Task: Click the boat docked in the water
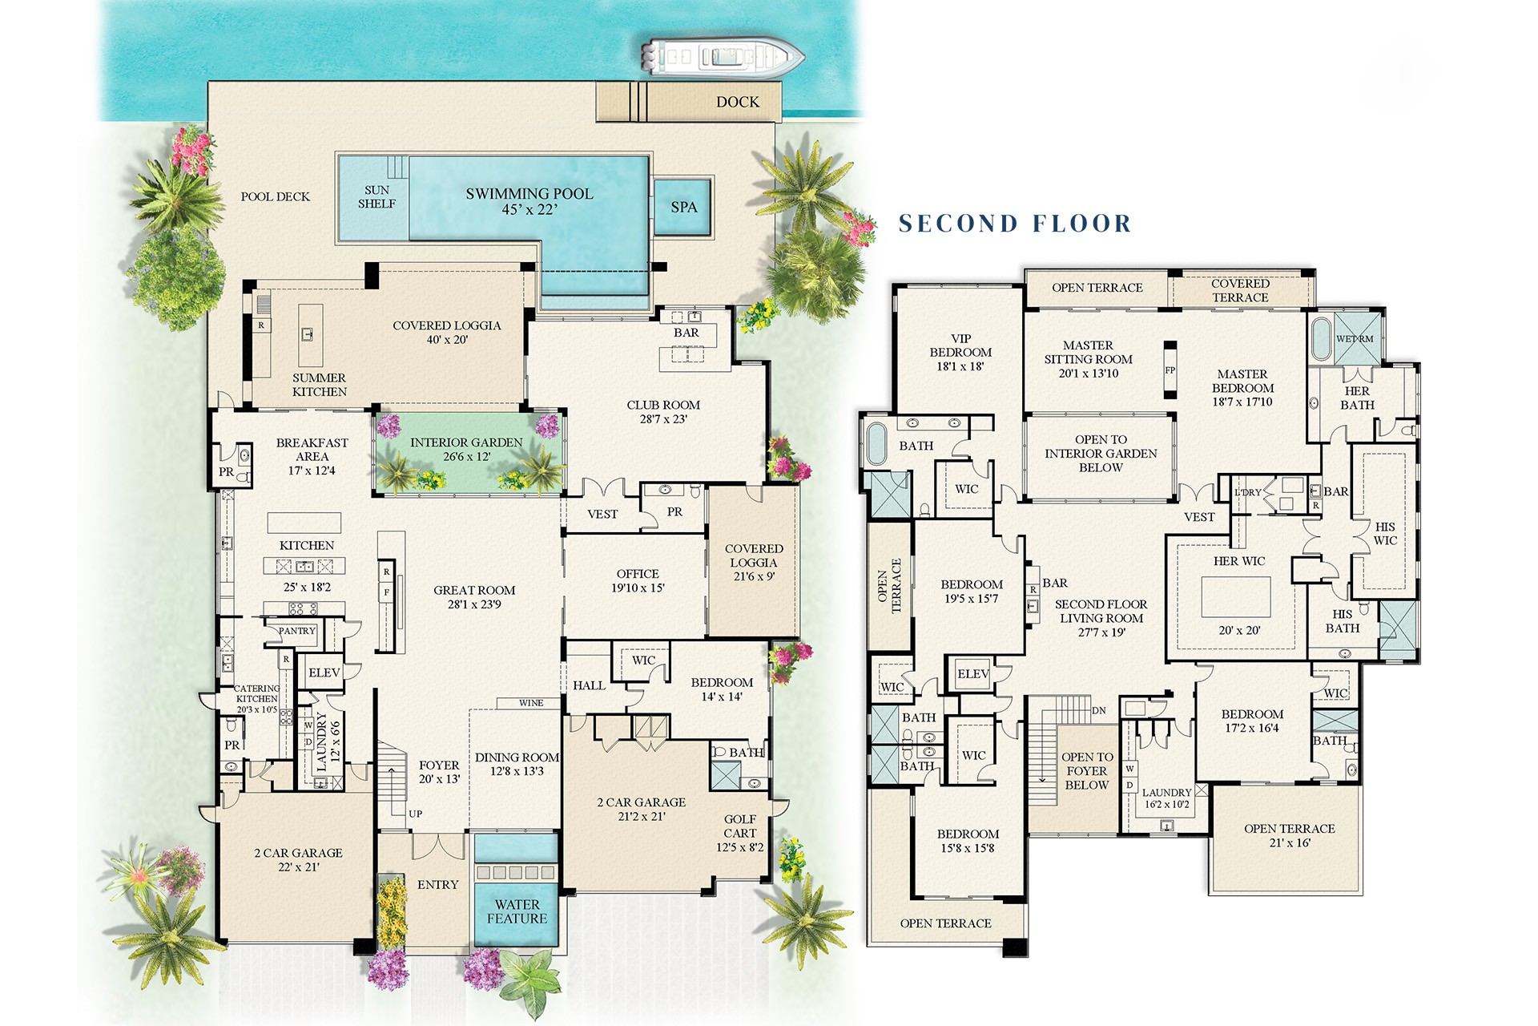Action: tap(722, 57)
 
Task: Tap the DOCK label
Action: tap(737, 102)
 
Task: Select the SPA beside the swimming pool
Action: tap(683, 207)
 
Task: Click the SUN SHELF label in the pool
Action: tap(376, 197)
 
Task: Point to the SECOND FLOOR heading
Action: tap(1014, 223)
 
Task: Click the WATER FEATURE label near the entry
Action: tap(517, 911)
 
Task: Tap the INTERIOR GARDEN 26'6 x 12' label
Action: tap(466, 450)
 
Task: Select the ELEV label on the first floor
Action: tap(324, 673)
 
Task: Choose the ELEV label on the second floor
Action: tap(972, 674)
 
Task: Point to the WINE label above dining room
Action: tap(530, 703)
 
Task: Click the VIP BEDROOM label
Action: tap(960, 352)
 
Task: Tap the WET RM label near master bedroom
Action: tap(1354, 339)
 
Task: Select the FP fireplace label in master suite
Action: tap(1170, 370)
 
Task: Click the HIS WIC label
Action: tap(1385, 533)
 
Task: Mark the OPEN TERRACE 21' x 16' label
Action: tap(1289, 835)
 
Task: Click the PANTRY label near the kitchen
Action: tap(296, 631)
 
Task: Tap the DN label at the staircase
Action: tap(1099, 710)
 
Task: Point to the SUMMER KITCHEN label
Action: tap(319, 385)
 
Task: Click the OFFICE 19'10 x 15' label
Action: tap(638, 580)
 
